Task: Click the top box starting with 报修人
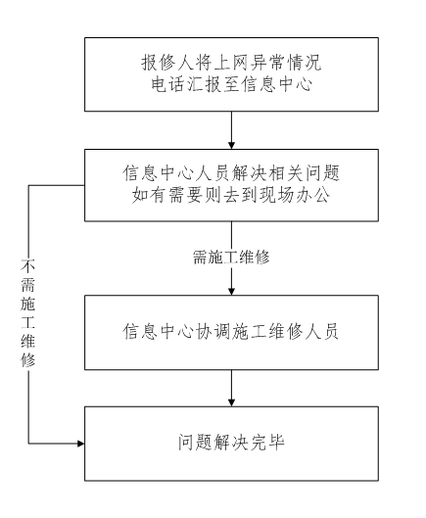click(231, 74)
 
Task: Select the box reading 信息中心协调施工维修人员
click(231, 332)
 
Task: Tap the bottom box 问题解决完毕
click(231, 444)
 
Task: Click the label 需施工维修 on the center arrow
click(231, 258)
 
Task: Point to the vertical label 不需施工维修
click(28, 313)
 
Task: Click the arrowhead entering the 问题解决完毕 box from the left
click(81, 444)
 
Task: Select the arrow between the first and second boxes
click(231, 130)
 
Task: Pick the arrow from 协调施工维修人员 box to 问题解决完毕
click(231, 388)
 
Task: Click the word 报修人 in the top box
click(167, 63)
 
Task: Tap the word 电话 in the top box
click(167, 84)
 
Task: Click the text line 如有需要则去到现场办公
click(231, 195)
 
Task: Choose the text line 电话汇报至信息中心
click(231, 84)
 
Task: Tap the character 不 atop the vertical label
click(28, 266)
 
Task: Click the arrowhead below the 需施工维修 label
click(231, 291)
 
